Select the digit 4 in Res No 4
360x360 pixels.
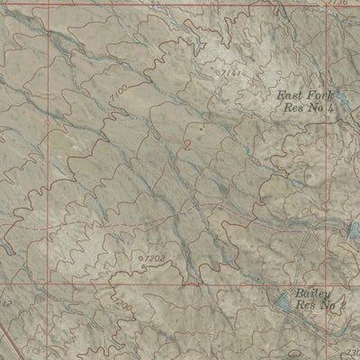(x=331, y=109)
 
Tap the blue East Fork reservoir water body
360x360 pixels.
(x=353, y=231)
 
